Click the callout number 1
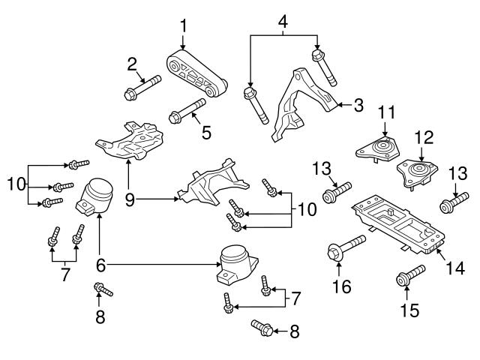pyautogui.click(x=182, y=27)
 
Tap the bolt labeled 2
pyautogui.click(x=142, y=88)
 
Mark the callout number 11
pyautogui.click(x=384, y=112)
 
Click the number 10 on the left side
pyautogui.click(x=16, y=182)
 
